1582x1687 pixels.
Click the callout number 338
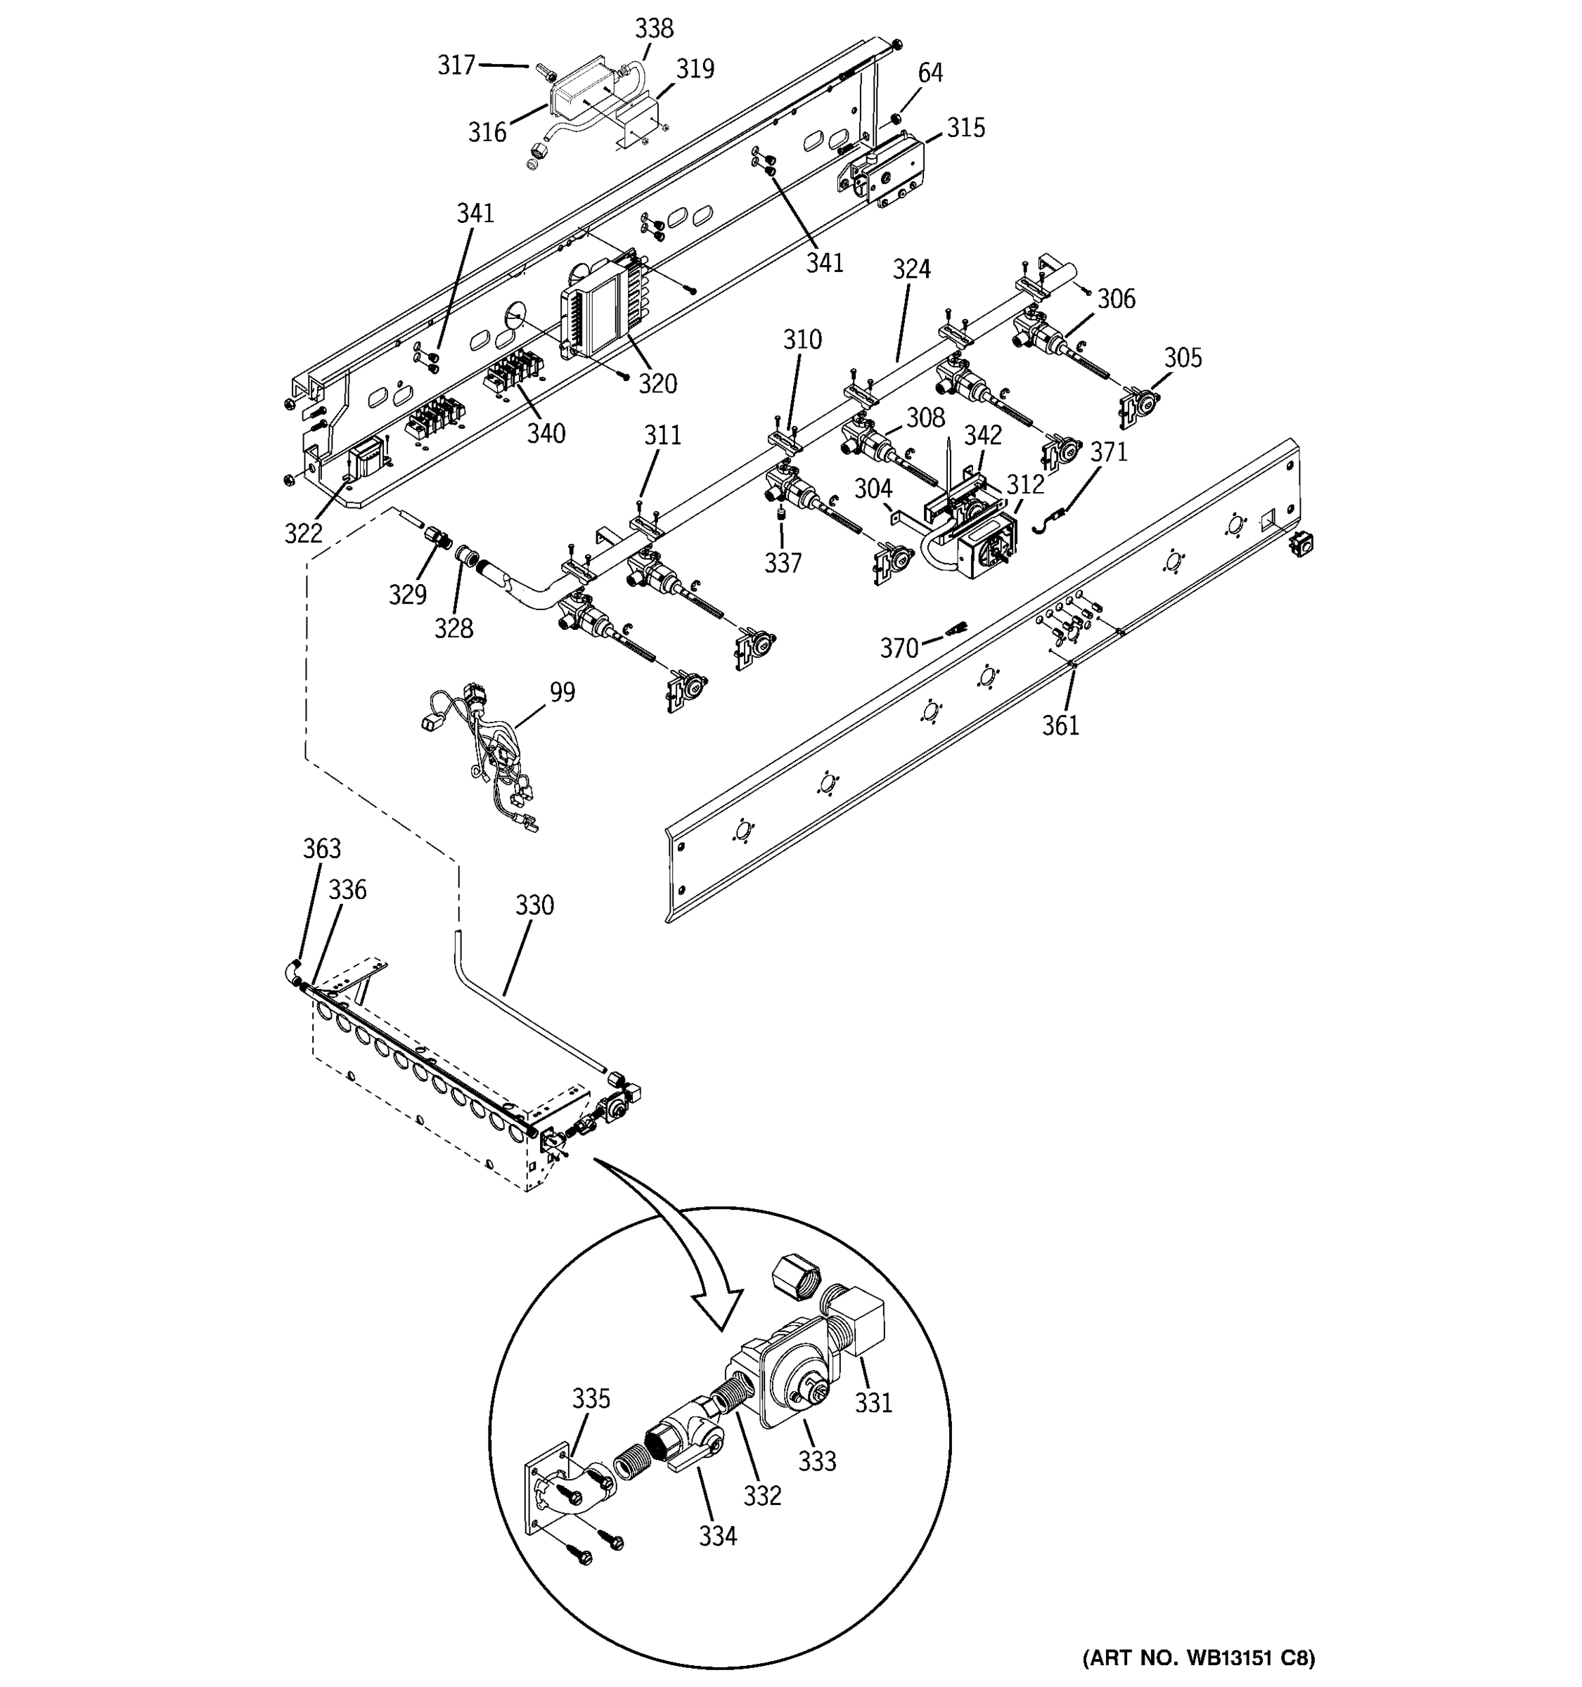tap(655, 29)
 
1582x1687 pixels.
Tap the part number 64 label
tap(930, 73)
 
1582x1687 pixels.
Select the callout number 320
tap(657, 384)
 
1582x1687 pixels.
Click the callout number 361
tap(1060, 725)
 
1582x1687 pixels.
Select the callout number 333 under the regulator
tap(816, 1461)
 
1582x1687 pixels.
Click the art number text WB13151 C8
tap(1198, 1657)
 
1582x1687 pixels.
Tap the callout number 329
tap(407, 595)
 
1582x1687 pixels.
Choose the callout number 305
tap(1182, 357)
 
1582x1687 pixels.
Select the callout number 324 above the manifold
tap(911, 269)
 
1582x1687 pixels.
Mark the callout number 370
tap(899, 648)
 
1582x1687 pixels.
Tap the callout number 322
tap(303, 533)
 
